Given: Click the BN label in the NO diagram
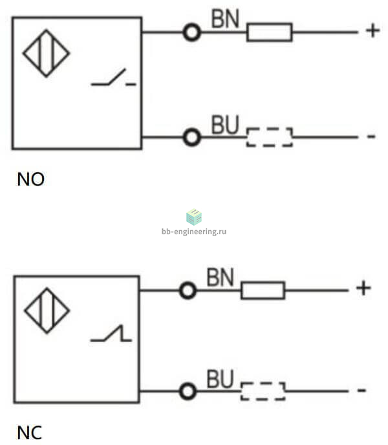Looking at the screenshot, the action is pyautogui.click(x=226, y=19).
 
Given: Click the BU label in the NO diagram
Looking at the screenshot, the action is pyautogui.click(x=226, y=125).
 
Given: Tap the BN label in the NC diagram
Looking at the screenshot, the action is pyautogui.click(x=221, y=277).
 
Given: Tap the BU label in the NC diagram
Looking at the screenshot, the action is pyautogui.click(x=221, y=379).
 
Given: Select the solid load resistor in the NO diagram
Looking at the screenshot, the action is pyautogui.click(x=270, y=32).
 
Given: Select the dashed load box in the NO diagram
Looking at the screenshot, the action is pyautogui.click(x=270, y=137).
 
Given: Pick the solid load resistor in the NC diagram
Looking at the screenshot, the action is pyautogui.click(x=263, y=290).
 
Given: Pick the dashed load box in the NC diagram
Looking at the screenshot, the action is pyautogui.click(x=263, y=391).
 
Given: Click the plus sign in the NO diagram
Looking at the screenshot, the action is pyautogui.click(x=372, y=30).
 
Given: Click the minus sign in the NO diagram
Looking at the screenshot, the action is pyautogui.click(x=371, y=136).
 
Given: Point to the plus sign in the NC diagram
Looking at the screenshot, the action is pyautogui.click(x=363, y=288).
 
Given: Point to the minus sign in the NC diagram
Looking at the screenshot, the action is pyautogui.click(x=361, y=390).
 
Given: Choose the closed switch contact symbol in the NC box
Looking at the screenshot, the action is pyautogui.click(x=111, y=333).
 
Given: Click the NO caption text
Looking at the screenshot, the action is pyautogui.click(x=30, y=179).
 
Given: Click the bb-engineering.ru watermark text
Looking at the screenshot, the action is pyautogui.click(x=194, y=232).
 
